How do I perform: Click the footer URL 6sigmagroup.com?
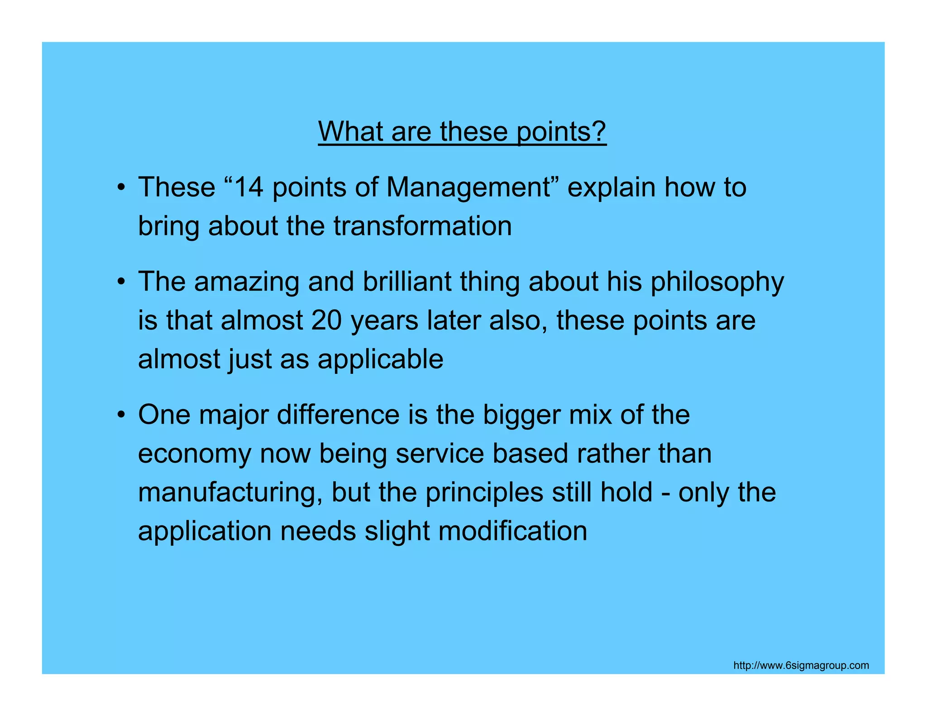801,665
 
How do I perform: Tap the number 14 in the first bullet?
249,187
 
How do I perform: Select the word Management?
468,188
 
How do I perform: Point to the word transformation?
423,226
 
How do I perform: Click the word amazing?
247,282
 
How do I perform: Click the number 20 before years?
326,320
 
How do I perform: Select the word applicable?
380,360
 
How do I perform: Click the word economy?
195,454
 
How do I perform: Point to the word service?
440,453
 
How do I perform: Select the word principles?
484,492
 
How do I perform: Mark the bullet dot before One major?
120,415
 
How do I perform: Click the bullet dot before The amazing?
120,282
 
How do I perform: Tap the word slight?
397,531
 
